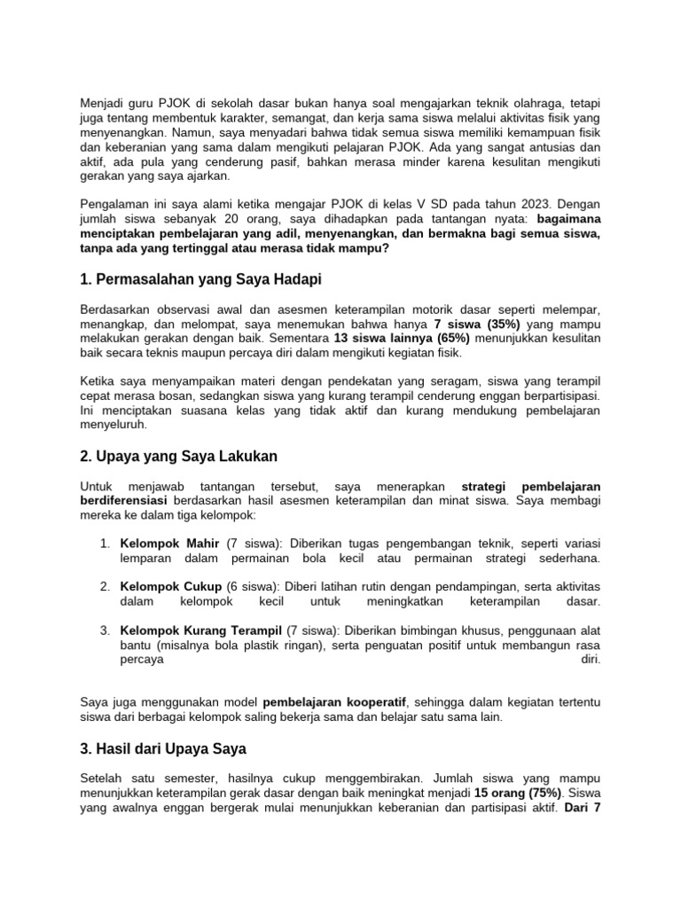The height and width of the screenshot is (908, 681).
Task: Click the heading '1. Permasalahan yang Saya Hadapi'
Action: [200, 279]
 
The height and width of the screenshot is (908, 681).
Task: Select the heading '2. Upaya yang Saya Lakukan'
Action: [178, 456]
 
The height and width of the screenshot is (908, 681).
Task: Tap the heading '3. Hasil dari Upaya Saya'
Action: [164, 748]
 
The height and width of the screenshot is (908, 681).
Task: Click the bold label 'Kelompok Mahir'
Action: [169, 543]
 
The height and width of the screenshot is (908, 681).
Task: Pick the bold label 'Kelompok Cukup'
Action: [171, 586]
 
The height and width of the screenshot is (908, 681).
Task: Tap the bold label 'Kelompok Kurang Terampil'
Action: [196, 630]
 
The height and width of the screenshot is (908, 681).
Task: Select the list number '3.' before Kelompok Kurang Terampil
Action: [105, 630]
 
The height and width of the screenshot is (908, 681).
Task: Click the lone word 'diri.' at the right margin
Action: [589, 659]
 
